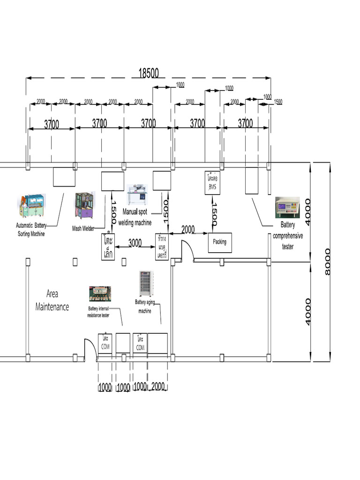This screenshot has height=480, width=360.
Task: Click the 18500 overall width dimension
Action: coord(148,73)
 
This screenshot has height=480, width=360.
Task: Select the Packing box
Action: coord(220,242)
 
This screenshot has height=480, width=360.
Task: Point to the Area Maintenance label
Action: coord(52,300)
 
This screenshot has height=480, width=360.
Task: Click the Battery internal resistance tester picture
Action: coord(100,294)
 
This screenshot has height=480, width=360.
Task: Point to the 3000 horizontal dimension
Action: coord(135,242)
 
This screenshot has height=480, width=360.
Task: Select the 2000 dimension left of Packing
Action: coord(187,229)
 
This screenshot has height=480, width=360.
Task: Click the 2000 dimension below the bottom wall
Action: coord(157,387)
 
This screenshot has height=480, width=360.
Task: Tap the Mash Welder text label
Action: coord(83,228)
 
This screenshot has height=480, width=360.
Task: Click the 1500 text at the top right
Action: coord(278,102)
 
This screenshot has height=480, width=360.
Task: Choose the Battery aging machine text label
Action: coord(144,306)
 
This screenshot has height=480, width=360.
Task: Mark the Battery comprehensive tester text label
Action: coord(288,236)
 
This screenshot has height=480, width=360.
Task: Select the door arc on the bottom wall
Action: coord(90,349)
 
